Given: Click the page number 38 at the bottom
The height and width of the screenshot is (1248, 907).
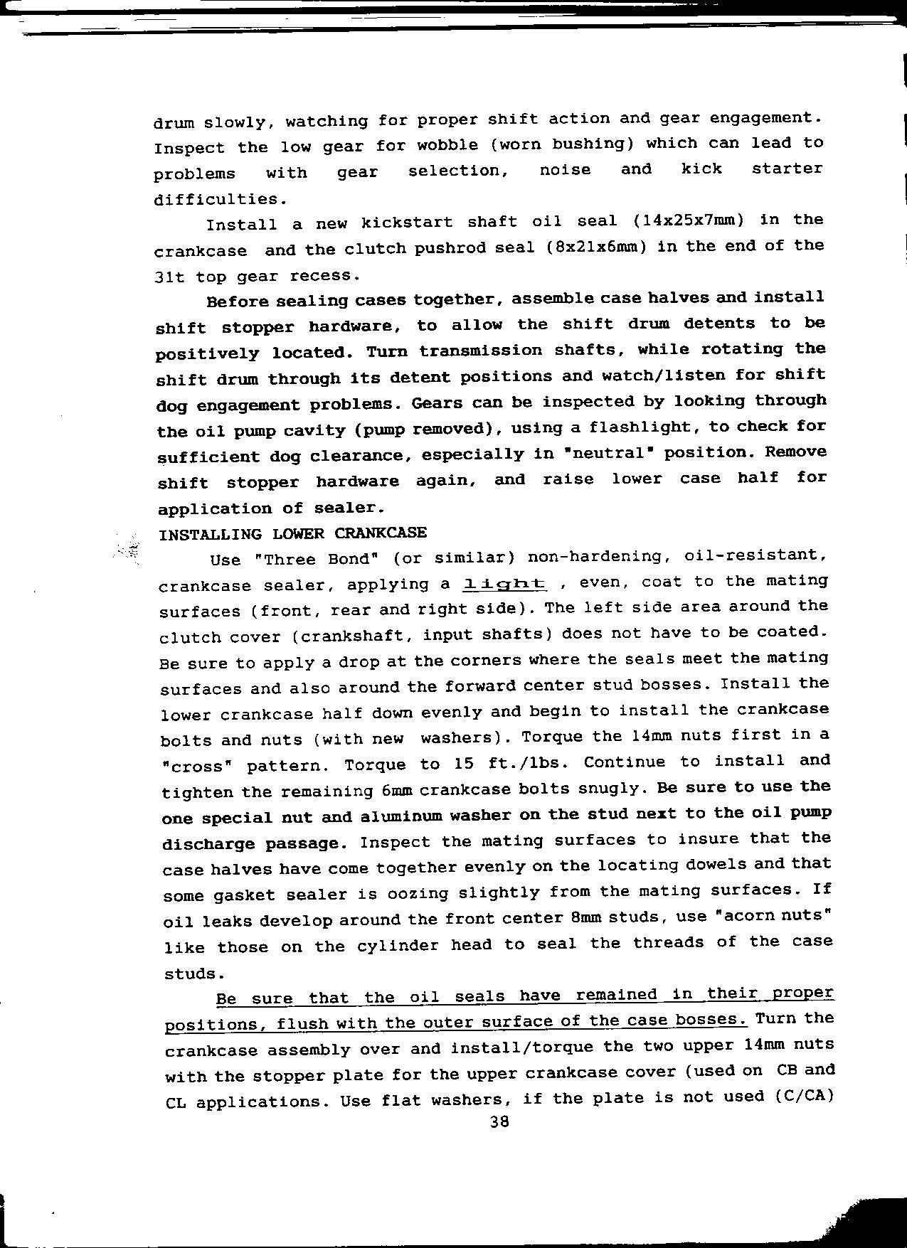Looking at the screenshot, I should [x=500, y=1123].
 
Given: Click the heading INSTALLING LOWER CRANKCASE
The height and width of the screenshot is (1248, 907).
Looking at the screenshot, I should [x=292, y=533].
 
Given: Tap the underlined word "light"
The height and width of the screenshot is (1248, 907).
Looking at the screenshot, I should [x=504, y=584].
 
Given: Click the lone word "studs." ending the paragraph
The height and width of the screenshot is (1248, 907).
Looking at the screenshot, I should [x=190, y=974].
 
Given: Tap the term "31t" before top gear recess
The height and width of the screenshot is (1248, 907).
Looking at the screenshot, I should [x=169, y=277].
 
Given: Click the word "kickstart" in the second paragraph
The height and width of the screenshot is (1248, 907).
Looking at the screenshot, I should [x=406, y=223].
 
